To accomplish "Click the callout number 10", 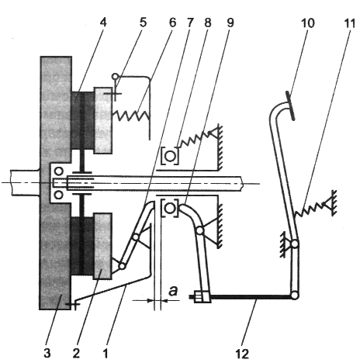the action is coord(308,23).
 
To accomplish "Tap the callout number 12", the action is coord(242,354).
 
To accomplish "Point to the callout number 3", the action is coord(47,353).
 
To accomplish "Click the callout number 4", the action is coord(102,22).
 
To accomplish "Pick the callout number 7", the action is coord(189,23).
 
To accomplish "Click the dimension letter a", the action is coord(173,290).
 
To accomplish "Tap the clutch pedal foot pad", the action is coord(290,105).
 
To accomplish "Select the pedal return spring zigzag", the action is coord(310,209).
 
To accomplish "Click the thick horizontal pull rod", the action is coord(251,297).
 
